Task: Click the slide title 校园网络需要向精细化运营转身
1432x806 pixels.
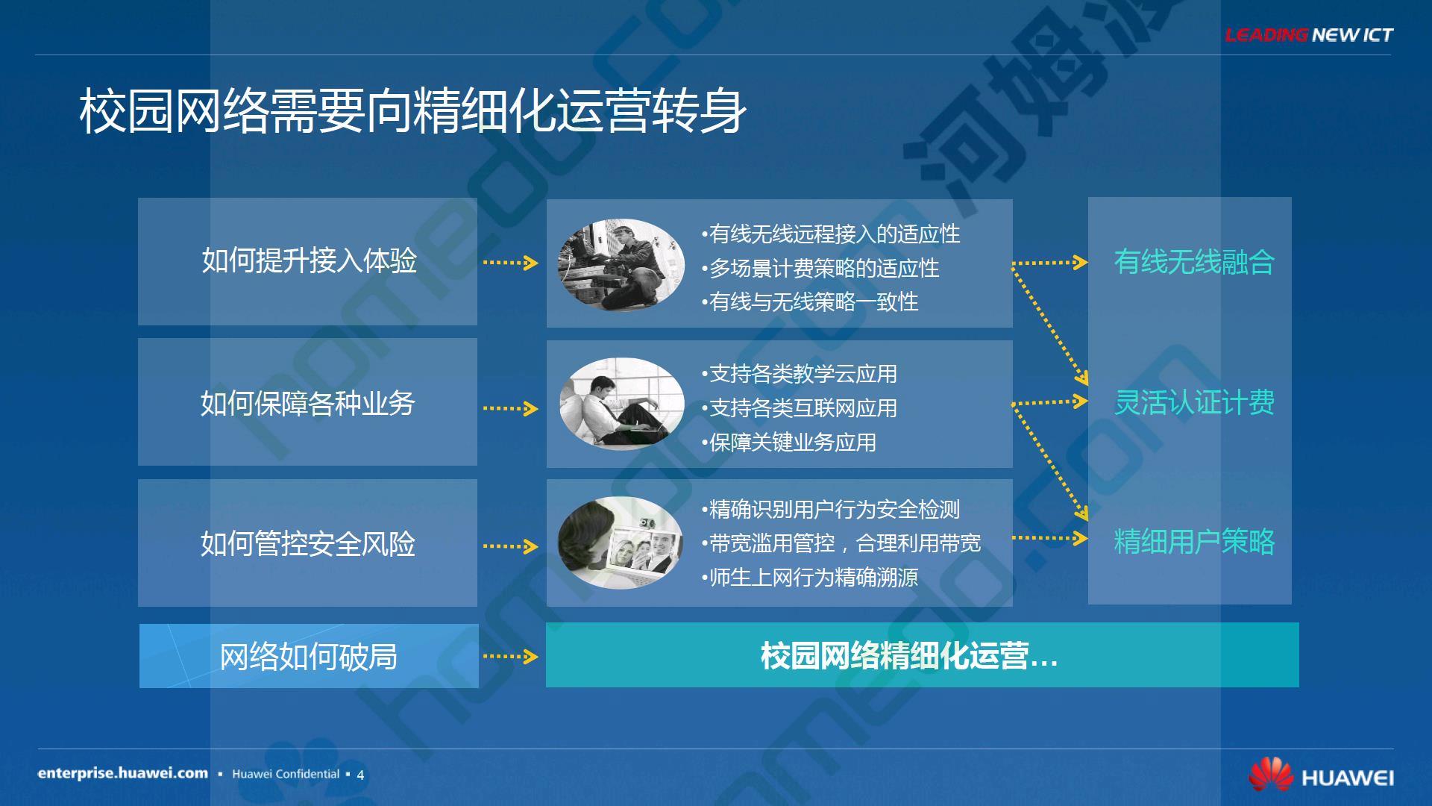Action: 412,112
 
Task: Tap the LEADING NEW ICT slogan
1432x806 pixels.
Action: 1308,34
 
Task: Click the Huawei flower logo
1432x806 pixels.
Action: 1271,775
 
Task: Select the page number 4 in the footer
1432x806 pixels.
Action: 360,775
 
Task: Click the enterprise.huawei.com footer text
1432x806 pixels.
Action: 123,773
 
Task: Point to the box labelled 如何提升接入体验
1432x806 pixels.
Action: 307,261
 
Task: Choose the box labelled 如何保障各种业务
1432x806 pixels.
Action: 307,402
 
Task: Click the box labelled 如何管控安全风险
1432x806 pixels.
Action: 307,543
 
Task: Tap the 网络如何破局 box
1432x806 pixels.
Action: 309,656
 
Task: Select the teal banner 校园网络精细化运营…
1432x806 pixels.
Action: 923,655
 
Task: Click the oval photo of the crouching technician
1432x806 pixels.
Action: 621,264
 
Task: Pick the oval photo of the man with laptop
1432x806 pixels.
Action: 621,404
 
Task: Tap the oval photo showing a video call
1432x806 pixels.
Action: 621,543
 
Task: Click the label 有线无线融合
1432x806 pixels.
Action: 1194,262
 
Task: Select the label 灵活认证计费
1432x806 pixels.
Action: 1194,402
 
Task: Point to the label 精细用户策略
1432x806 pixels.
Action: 1194,542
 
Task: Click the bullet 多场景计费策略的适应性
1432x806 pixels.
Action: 820,268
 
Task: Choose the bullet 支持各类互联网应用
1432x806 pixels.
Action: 800,408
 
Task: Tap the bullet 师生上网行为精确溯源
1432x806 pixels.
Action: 810,577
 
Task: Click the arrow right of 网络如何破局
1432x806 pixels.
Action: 511,657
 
